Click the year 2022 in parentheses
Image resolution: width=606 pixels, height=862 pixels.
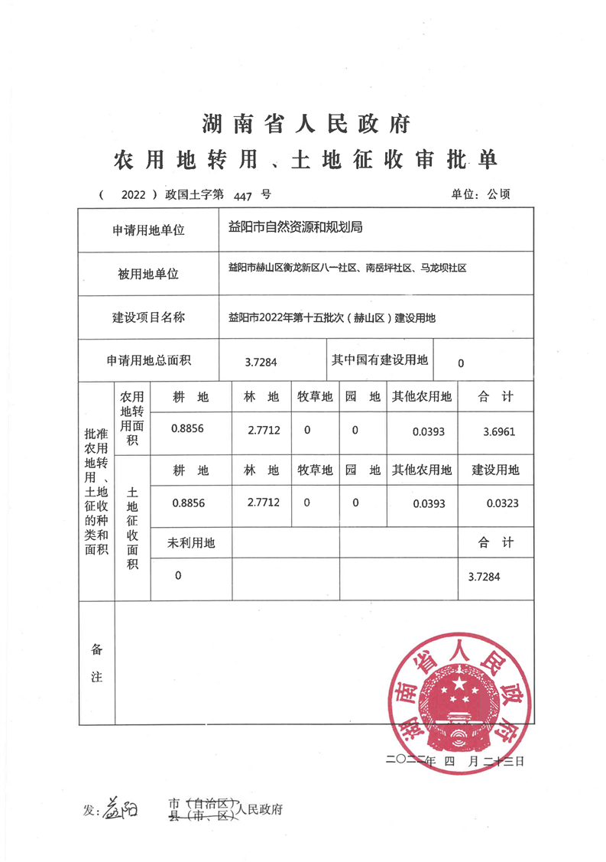[132, 195]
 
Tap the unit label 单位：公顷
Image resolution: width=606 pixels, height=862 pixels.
[481, 194]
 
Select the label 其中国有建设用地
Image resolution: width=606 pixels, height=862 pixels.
[380, 360]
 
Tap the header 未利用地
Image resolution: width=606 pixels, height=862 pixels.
[191, 543]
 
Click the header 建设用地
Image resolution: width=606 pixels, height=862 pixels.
[495, 470]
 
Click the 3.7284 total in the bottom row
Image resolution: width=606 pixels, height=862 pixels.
[484, 576]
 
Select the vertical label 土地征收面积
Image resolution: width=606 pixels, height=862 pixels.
[132, 528]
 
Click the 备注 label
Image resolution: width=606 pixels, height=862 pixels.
[97, 663]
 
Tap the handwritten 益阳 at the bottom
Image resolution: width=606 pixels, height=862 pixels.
[120, 808]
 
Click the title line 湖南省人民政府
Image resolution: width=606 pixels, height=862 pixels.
[306, 122]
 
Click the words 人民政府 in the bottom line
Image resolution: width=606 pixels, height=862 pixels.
[260, 808]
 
